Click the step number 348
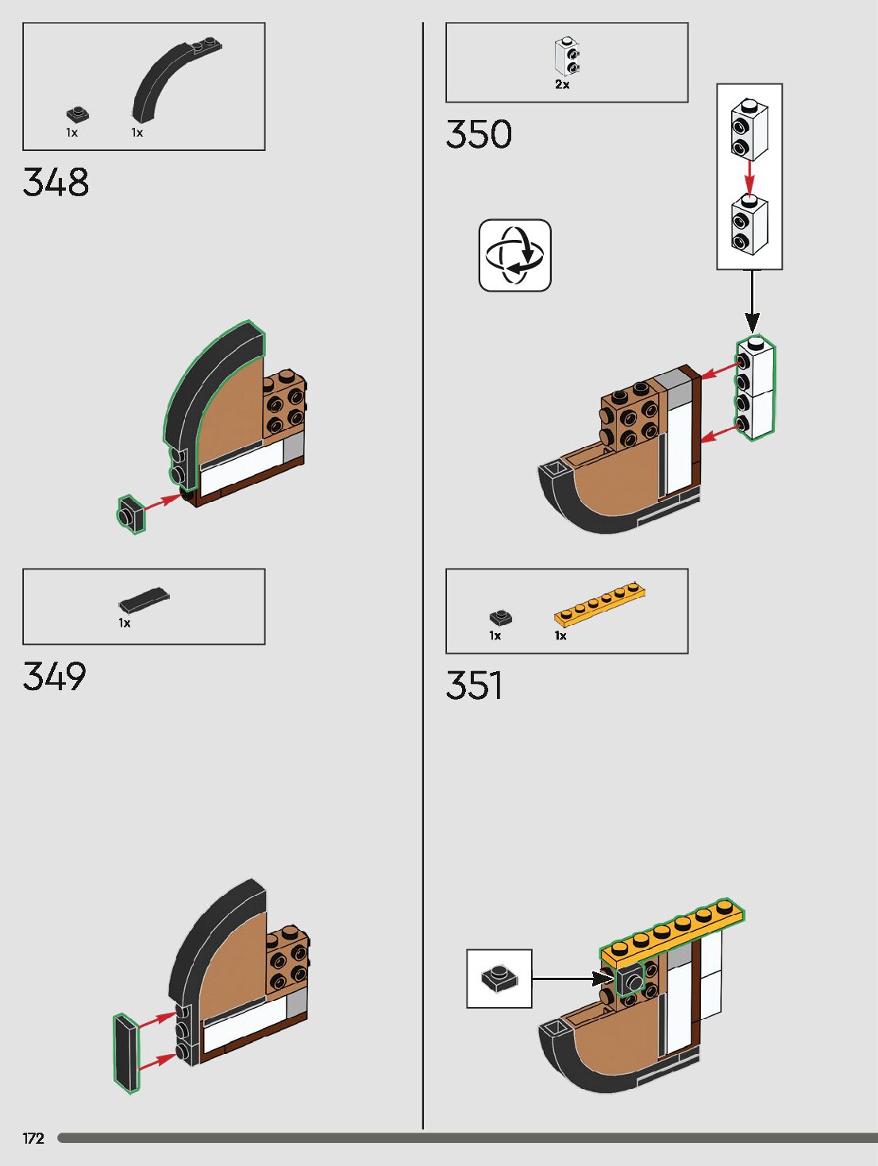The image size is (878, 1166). click(56, 183)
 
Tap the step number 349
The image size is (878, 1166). click(54, 677)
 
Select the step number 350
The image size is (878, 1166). click(479, 134)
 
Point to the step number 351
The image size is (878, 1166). click(474, 685)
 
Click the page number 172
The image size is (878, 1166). click(33, 1138)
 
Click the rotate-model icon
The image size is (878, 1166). click(514, 255)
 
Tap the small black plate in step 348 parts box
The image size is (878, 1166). click(77, 114)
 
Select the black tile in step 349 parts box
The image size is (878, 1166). click(144, 599)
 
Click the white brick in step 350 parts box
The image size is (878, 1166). click(566, 58)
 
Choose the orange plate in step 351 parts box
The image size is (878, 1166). click(599, 604)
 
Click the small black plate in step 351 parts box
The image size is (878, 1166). click(500, 617)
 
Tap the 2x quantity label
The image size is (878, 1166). click(562, 84)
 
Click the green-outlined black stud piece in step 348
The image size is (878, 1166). click(131, 514)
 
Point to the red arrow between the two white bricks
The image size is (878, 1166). click(749, 176)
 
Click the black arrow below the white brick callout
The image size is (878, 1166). click(751, 302)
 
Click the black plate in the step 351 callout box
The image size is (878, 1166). click(499, 977)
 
